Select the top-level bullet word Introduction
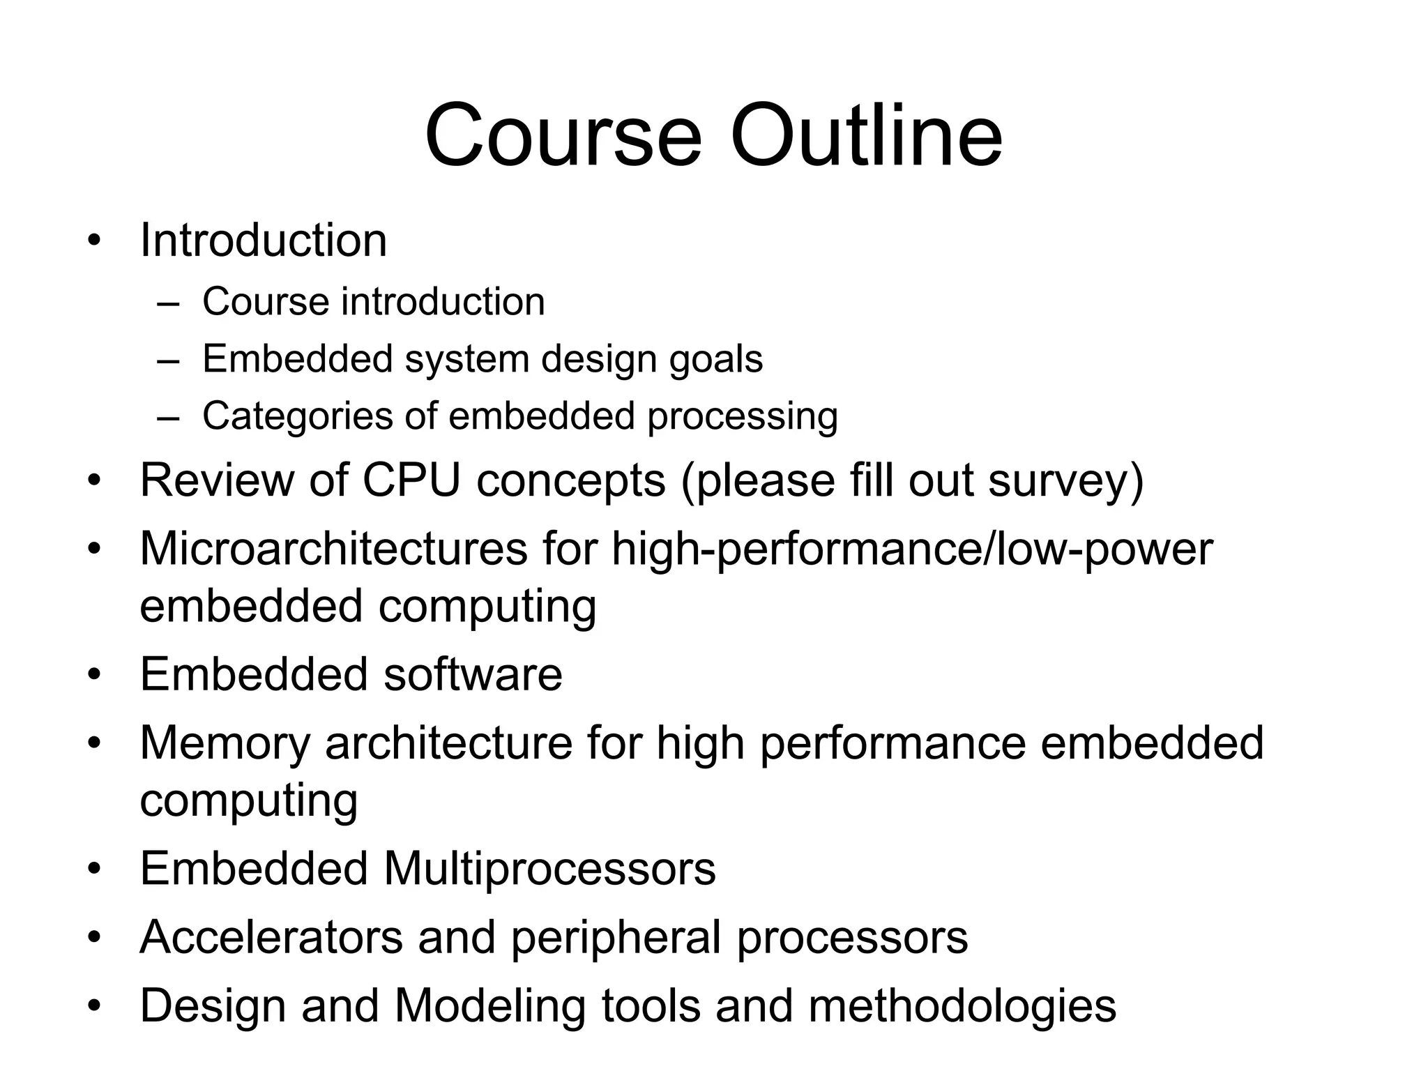263,241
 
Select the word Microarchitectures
334,548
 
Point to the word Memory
225,743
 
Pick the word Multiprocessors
549,869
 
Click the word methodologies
962,1005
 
